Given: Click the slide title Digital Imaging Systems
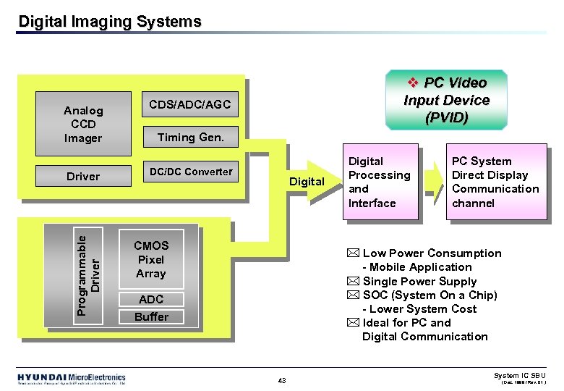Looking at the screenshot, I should tap(110, 22).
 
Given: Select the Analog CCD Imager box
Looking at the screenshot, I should tap(83, 125).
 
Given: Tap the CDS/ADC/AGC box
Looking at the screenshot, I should tap(189, 106).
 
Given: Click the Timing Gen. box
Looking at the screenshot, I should tap(190, 137).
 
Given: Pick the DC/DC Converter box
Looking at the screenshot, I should tap(190, 172).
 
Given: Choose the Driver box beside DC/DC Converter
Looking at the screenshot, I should tap(83, 176).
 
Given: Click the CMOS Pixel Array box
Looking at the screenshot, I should tap(151, 260).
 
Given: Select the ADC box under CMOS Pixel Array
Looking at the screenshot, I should tap(151, 299).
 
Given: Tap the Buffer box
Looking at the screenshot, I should tap(151, 316).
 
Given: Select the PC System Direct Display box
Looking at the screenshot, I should tap(495, 182).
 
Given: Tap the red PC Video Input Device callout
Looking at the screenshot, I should tap(446, 100).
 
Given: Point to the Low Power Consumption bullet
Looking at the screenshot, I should tap(431, 253).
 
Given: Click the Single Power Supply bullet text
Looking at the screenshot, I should tap(419, 282).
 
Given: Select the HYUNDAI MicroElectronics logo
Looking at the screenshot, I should tap(72, 378).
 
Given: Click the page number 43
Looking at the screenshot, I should tap(282, 380).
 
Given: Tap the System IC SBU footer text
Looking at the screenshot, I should tap(519, 375).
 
